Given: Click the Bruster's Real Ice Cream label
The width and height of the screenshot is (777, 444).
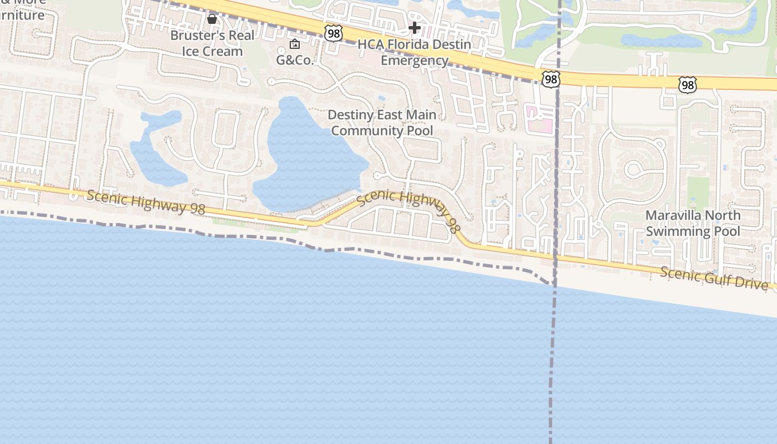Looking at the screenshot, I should point(212,43).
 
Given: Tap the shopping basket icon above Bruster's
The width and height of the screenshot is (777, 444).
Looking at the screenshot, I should point(211,19).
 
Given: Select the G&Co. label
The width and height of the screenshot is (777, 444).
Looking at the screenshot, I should point(295,60).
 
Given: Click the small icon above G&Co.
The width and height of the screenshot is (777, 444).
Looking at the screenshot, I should point(295,44).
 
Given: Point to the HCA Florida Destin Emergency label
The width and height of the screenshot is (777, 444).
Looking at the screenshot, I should point(414,52).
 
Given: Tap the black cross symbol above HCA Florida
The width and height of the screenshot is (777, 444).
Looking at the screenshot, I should point(414,28).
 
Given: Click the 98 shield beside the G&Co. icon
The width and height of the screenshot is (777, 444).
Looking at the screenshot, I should point(334,34).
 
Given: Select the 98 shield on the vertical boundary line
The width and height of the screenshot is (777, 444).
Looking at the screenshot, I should point(551,79).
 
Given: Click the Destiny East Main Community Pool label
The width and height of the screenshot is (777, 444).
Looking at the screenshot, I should point(382,123).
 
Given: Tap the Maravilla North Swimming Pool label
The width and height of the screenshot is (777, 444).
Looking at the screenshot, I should point(693,223).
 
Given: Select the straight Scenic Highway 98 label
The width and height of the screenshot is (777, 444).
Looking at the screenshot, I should point(146,201).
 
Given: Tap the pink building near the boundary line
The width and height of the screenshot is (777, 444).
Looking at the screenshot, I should point(539,120).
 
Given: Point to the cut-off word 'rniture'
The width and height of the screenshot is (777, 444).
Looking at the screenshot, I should point(22,15).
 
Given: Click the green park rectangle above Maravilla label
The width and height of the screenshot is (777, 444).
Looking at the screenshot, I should point(698,191).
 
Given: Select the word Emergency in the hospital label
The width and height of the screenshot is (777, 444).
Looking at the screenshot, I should point(414,60).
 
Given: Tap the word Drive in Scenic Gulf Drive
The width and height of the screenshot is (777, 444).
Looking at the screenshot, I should point(751,283).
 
